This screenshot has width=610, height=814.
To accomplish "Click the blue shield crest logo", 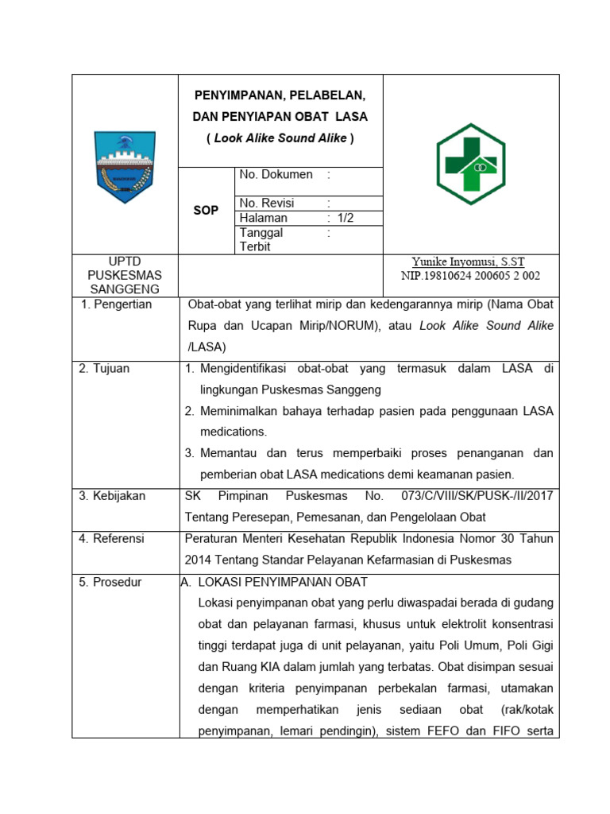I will (125, 165).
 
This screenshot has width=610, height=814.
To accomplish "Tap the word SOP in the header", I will (206, 211).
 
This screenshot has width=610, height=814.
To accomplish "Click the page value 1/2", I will (346, 218).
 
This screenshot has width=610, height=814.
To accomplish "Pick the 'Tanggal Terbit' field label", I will (261, 239).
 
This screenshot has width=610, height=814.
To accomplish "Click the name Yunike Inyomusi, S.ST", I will (468, 262).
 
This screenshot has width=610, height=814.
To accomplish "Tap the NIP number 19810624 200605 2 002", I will (471, 276).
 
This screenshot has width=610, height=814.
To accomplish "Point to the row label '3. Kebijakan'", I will (112, 496).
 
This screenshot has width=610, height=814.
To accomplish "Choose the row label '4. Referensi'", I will (111, 539).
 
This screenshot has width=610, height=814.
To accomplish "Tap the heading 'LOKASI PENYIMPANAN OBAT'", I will (282, 582).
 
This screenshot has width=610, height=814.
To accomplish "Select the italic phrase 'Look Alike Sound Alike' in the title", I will (280, 138).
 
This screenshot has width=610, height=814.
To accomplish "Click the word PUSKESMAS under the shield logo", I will (125, 275).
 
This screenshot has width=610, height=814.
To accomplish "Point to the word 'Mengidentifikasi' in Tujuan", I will (242, 369).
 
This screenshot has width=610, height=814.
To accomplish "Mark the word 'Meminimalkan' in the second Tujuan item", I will (237, 411).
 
